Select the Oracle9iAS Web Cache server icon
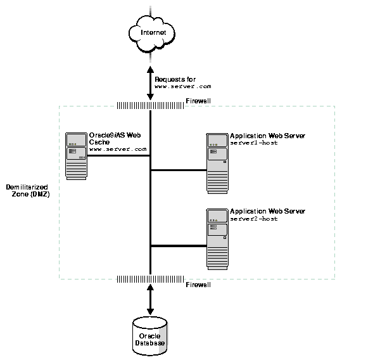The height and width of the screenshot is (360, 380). (x=76, y=156)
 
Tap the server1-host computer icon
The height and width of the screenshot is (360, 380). (x=217, y=163)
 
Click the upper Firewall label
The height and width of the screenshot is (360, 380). (x=198, y=101)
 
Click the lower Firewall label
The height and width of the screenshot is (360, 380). (x=198, y=285)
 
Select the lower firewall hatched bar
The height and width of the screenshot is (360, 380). (x=150, y=279)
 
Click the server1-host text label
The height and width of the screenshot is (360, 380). (x=254, y=143)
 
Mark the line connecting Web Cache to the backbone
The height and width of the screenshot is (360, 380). (x=118, y=155)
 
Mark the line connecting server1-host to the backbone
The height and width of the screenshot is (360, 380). (x=179, y=170)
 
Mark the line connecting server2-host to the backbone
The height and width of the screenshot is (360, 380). (x=179, y=245)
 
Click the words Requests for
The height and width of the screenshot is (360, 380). (x=171, y=78)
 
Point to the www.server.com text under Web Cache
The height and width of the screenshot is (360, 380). (x=118, y=149)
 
